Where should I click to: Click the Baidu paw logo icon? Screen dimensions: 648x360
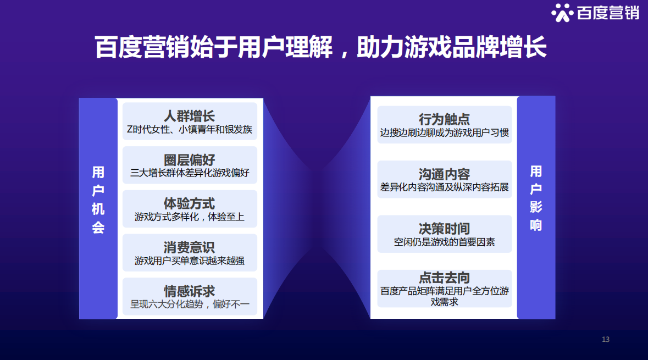click(x=562, y=13)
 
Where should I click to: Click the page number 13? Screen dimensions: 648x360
click(x=606, y=339)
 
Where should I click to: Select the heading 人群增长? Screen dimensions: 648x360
click(x=189, y=116)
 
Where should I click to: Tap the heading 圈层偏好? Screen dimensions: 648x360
click(x=189, y=160)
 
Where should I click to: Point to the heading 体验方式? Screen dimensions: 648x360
click(x=189, y=204)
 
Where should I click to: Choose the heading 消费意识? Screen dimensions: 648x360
click(x=189, y=247)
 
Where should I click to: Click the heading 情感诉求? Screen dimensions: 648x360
click(x=189, y=291)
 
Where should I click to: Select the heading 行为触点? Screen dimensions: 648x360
click(x=444, y=119)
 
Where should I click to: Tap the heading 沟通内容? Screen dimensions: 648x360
click(x=444, y=174)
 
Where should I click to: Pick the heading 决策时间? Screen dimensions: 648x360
click(x=444, y=229)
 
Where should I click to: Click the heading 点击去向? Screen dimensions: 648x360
click(x=444, y=278)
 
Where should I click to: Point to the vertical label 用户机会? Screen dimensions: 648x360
click(x=98, y=200)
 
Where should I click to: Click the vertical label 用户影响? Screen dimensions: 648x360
click(x=536, y=198)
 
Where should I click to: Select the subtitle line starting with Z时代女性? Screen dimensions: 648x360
click(x=189, y=129)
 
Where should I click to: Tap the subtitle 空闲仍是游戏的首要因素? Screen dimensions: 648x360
click(x=444, y=242)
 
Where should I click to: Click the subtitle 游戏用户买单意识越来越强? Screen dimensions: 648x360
click(x=189, y=261)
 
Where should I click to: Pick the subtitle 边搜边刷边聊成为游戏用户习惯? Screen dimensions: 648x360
click(x=444, y=132)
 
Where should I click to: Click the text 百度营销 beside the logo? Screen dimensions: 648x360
click(x=608, y=13)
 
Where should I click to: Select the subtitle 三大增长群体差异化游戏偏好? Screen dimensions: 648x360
click(x=189, y=173)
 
